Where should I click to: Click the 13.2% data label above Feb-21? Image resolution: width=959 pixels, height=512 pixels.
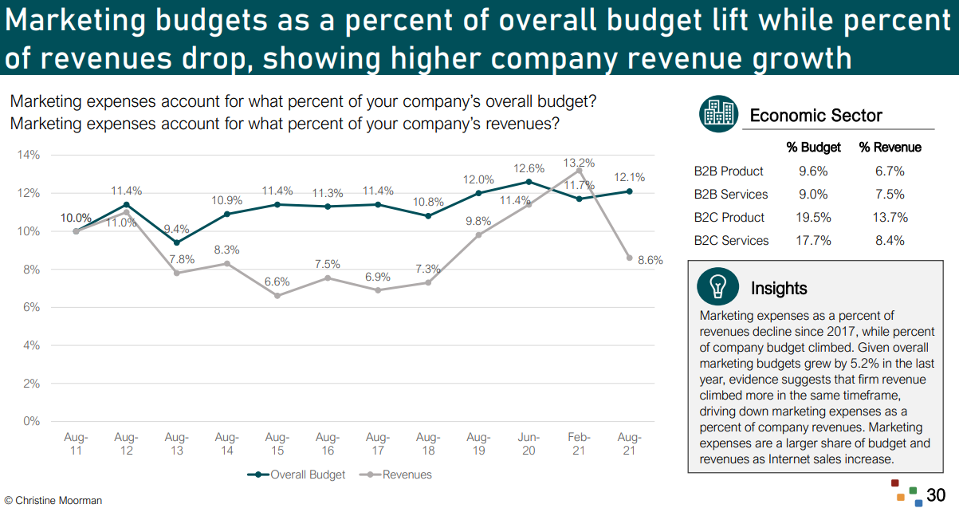(578, 163)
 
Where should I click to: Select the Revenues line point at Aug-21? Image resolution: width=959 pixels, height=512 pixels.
(630, 258)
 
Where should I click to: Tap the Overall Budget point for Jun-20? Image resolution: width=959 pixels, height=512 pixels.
(529, 182)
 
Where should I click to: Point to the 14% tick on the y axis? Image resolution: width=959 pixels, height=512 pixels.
(29, 155)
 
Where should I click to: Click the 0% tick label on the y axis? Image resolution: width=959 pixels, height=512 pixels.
(32, 421)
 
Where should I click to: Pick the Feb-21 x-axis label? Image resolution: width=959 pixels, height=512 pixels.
(579, 443)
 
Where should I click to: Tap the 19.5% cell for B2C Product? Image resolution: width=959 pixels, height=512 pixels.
(813, 218)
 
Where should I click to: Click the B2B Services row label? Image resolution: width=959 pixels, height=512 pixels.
(731, 195)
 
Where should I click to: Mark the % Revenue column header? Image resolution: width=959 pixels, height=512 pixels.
(890, 148)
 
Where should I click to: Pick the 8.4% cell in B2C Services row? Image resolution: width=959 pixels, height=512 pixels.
(890, 241)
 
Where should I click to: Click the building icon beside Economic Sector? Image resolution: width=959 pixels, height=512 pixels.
(719, 115)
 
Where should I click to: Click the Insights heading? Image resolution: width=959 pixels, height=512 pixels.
(779, 289)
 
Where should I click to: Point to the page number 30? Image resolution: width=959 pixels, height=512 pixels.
(936, 494)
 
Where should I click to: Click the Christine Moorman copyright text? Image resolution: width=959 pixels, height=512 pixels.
(53, 501)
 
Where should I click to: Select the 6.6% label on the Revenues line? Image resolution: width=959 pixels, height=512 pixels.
(277, 282)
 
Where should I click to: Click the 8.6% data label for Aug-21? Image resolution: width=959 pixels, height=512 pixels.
(650, 260)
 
